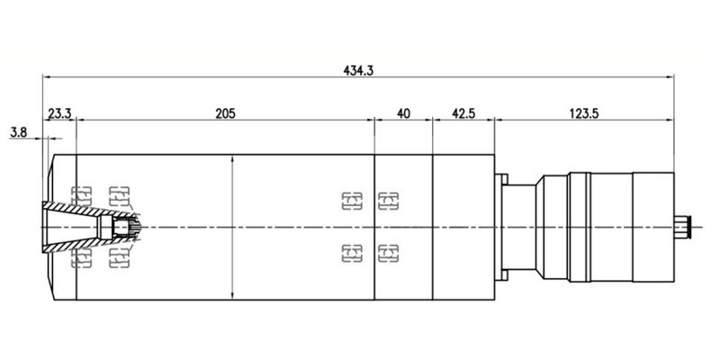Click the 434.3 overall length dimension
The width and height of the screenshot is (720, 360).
(359, 68)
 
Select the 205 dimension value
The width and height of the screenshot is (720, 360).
(225, 113)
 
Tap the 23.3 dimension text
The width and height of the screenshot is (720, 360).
(60, 113)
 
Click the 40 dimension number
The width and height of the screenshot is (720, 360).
(403, 113)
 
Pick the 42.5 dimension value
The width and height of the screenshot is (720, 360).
(464, 113)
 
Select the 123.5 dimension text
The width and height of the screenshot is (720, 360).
(584, 113)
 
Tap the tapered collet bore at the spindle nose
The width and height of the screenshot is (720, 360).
(72, 225)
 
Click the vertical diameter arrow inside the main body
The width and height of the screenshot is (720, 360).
(233, 225)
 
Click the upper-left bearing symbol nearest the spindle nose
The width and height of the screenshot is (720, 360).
(82, 193)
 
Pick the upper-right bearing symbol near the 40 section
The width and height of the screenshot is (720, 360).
(388, 197)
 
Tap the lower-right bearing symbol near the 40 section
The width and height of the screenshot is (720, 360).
(388, 253)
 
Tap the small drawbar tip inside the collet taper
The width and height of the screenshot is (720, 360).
(121, 227)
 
